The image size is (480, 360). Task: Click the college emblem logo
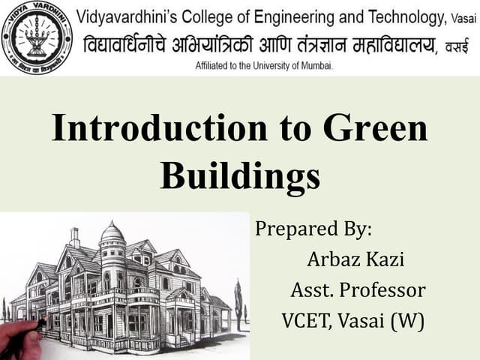(37, 37)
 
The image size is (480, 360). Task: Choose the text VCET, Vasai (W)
(352, 321)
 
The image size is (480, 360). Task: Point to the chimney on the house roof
(75, 238)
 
